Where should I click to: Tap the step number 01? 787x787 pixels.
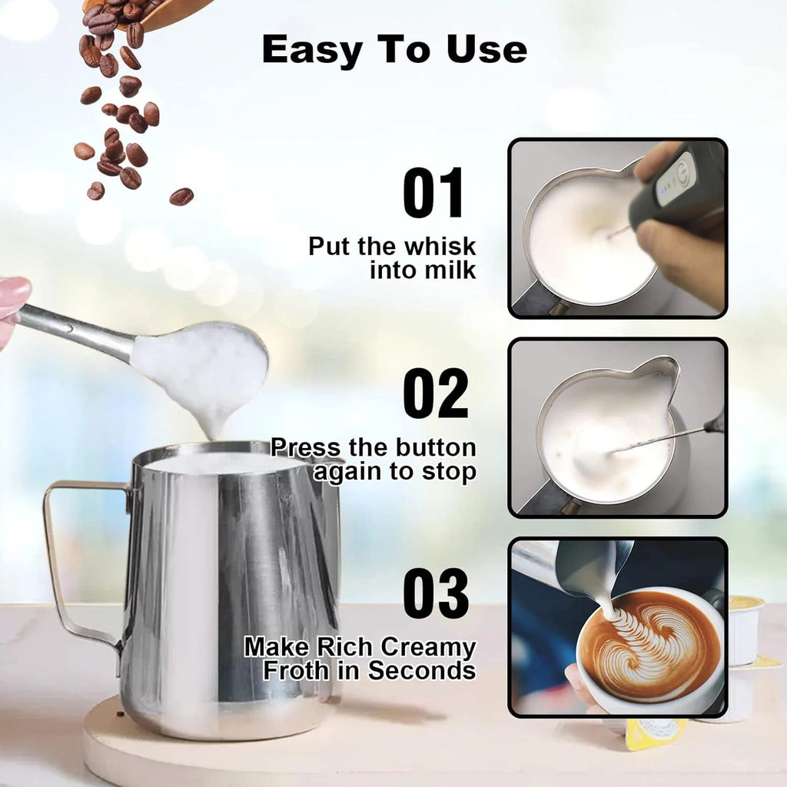[434, 194]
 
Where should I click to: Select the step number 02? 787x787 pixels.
[436, 393]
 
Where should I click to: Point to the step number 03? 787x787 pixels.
[436, 593]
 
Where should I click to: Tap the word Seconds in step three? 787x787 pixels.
[421, 670]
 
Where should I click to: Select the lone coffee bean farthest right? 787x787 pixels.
[181, 197]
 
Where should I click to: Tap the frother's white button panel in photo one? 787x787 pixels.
[676, 178]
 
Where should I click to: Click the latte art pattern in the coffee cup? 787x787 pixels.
[649, 642]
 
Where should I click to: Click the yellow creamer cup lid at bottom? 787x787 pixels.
[653, 733]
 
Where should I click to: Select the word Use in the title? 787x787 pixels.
[489, 51]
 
